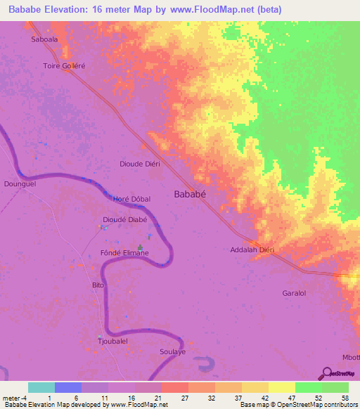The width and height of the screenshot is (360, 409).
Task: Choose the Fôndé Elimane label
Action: (x=124, y=253)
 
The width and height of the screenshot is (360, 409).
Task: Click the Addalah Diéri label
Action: (x=251, y=249)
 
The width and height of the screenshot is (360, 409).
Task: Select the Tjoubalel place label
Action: (x=112, y=341)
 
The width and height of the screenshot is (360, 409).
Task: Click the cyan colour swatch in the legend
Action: (x=41, y=387)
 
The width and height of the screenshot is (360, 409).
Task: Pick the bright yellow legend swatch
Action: (x=281, y=387)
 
